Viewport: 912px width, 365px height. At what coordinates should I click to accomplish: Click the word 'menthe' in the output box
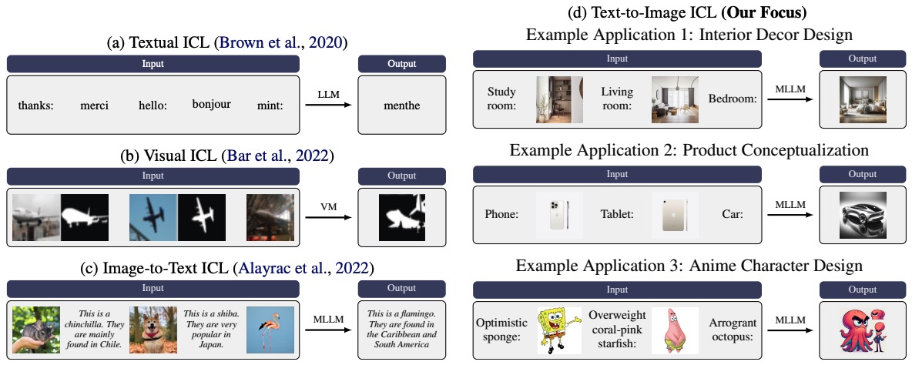coord(402,105)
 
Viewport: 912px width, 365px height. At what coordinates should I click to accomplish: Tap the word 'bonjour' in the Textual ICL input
coord(212,103)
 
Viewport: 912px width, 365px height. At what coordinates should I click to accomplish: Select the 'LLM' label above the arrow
coord(328,93)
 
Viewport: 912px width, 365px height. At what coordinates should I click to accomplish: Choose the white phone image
coord(560,214)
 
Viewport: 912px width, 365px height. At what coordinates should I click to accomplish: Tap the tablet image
coord(675,214)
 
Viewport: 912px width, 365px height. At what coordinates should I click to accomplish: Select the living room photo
coord(675,99)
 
